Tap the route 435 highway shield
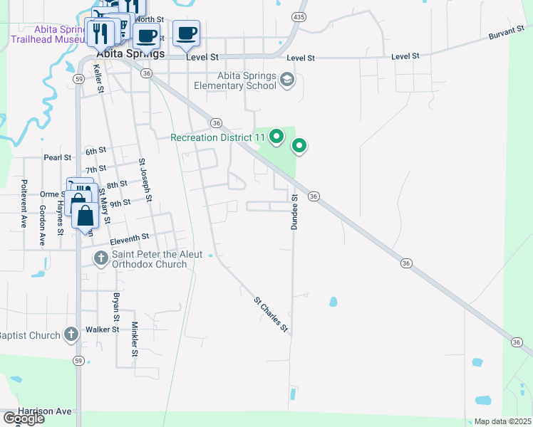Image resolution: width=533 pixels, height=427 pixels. pos(299,16)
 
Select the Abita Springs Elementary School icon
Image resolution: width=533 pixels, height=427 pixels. pos(287,79)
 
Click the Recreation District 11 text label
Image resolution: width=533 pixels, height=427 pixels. pos(217,137)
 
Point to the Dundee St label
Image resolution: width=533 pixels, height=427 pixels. pos(294,210)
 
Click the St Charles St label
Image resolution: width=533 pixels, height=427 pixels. pos(271,315)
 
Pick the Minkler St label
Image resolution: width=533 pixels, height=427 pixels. pos(134,339)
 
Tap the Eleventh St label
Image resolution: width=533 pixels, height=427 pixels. pos(129,238)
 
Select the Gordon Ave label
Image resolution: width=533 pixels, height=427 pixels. pos(42,225)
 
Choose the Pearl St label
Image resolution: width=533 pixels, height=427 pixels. pos(57,157)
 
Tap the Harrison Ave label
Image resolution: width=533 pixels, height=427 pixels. pos(46,411)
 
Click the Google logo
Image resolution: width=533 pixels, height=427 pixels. pos(23,418)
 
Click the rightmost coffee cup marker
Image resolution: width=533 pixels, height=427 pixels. pos(187,33)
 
